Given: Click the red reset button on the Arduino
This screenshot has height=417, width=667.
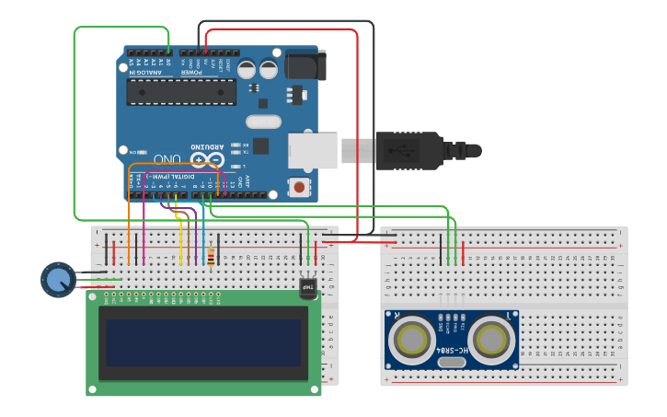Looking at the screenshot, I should (298, 187).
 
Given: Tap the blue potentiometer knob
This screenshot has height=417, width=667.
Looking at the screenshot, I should (58, 279).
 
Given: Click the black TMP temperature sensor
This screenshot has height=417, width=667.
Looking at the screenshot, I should (307, 288).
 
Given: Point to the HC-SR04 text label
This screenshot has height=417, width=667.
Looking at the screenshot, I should (451, 351).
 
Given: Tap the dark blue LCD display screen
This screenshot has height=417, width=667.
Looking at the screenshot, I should (203, 342).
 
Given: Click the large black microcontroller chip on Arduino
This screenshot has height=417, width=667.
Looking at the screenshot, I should (181, 92).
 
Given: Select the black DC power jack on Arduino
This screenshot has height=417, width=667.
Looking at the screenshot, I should (305, 65).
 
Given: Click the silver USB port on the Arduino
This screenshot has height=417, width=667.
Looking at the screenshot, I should (312, 150).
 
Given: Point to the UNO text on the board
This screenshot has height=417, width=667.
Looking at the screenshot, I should (167, 159).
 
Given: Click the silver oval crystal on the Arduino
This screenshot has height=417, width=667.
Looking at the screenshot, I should (263, 122).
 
